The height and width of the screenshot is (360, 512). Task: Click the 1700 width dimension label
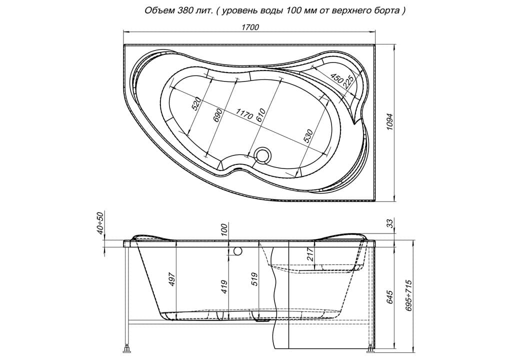250,27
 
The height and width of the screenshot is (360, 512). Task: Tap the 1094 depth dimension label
390,122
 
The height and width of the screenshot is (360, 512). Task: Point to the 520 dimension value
196,104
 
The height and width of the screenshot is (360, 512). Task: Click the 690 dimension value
218,115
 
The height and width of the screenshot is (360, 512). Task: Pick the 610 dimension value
261,114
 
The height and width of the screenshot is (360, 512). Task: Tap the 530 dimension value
308,136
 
